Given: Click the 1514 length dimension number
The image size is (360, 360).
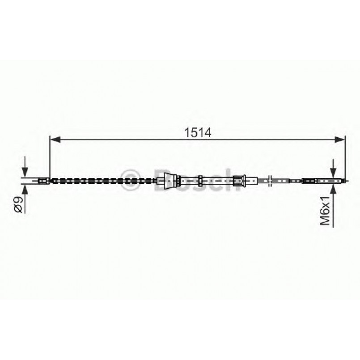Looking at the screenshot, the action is tap(198, 132).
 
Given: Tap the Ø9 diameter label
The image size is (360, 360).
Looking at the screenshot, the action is tap(18, 205).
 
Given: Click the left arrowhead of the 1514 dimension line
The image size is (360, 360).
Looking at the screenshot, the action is tap(55, 139).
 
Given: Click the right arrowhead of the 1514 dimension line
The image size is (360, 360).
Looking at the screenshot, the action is tap(340, 139).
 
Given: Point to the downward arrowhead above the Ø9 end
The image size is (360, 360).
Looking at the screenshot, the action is tap(25, 173).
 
